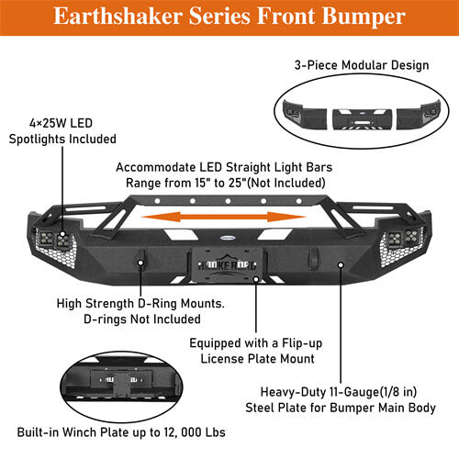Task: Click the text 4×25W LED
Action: click(62, 123)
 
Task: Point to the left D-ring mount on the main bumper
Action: click(141, 263)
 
